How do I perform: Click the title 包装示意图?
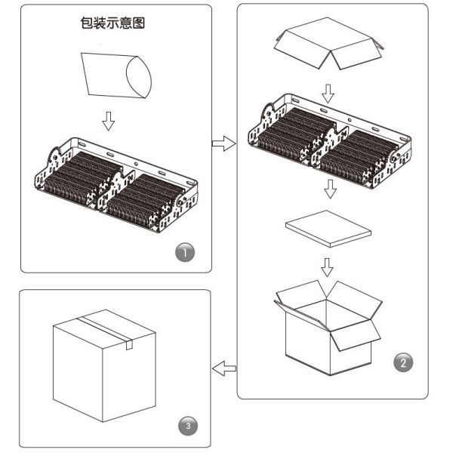pos(112,23)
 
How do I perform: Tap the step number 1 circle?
pos(185,252)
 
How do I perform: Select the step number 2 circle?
pos(403,362)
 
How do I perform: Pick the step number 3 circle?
pos(188,426)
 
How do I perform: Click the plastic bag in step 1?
pos(116,75)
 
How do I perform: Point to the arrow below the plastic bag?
pos(108,121)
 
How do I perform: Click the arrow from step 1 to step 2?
pos(224,143)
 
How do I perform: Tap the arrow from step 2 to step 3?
pos(224,368)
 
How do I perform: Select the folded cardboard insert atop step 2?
pos(328,43)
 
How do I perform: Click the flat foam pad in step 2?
pos(328,229)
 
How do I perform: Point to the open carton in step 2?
pos(328,328)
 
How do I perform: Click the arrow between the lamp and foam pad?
pos(330,189)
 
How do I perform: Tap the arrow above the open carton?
pos(327,267)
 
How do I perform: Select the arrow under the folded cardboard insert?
pos(328,94)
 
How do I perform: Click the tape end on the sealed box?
pos(129,344)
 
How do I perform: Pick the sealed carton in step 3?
pos(104,365)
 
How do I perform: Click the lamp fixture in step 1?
pos(116,185)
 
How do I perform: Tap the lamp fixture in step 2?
pos(330,141)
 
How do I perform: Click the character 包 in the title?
pos(87,23)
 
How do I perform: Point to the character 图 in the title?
pos(139,23)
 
